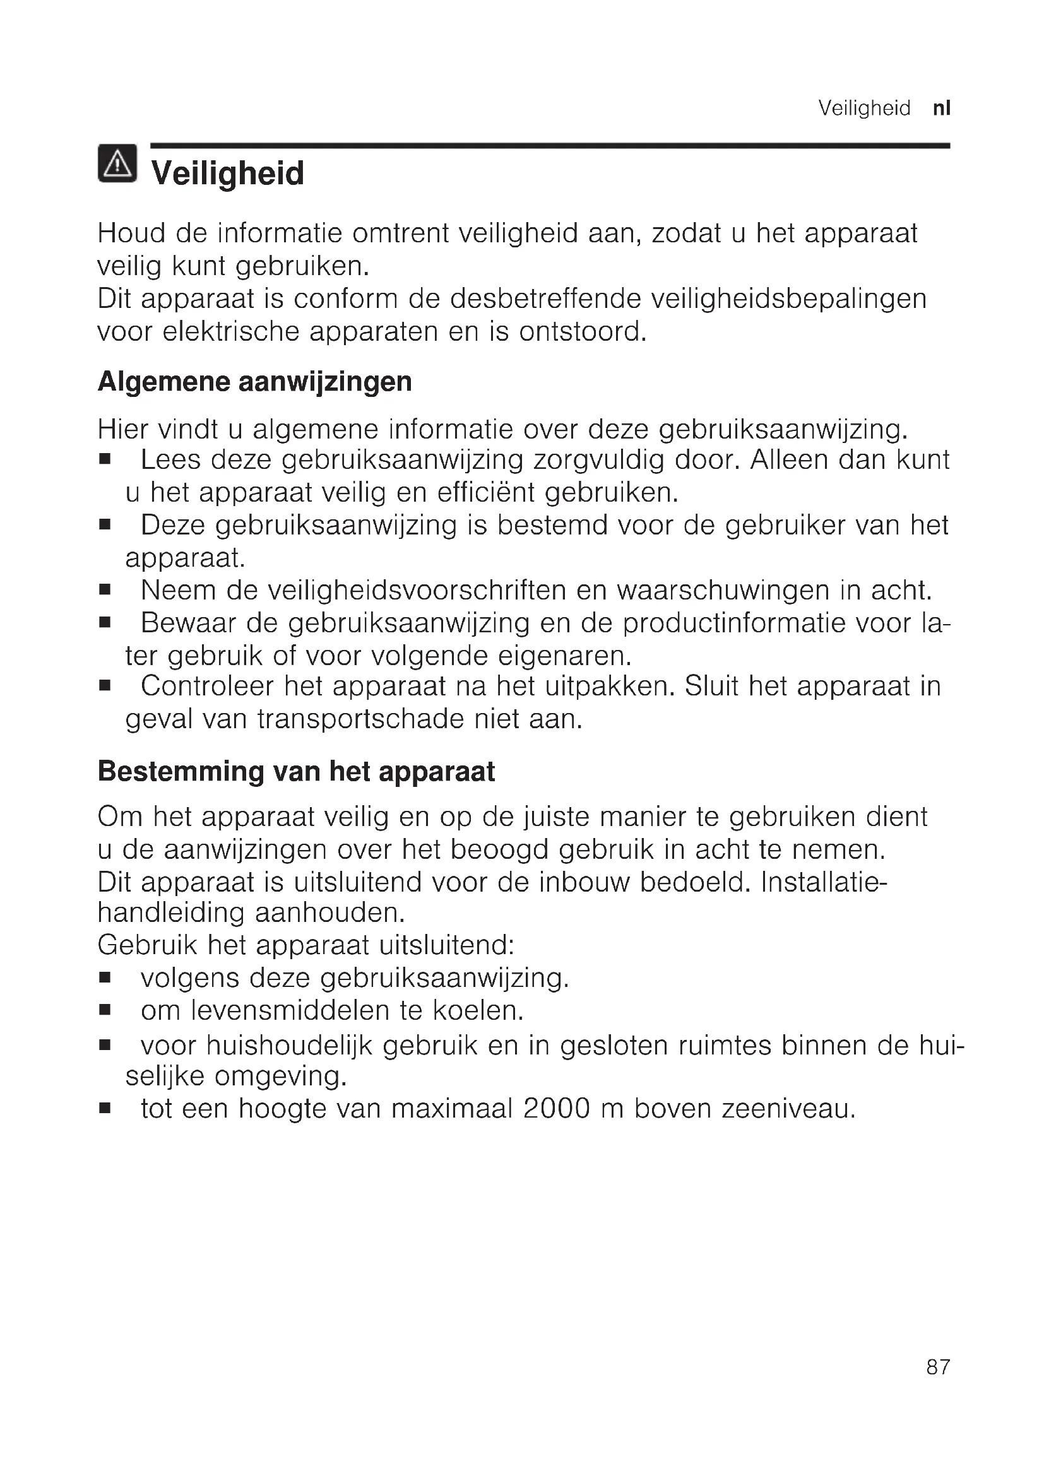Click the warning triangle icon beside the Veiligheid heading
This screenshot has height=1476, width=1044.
click(x=117, y=164)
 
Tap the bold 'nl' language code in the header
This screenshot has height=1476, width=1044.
click(x=941, y=108)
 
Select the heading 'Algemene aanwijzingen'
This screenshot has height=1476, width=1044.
click(x=254, y=381)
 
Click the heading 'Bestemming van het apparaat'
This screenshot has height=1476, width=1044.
click(x=297, y=771)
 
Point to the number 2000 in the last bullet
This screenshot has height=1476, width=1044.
click(x=556, y=1108)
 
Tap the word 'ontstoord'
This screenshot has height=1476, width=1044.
click(x=582, y=332)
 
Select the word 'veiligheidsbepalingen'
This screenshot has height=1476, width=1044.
click(x=789, y=299)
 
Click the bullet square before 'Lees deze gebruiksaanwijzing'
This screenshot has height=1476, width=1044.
click(x=105, y=460)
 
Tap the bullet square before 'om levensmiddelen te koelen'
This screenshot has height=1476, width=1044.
click(x=105, y=1010)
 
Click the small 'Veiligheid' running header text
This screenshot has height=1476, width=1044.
click(x=864, y=108)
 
